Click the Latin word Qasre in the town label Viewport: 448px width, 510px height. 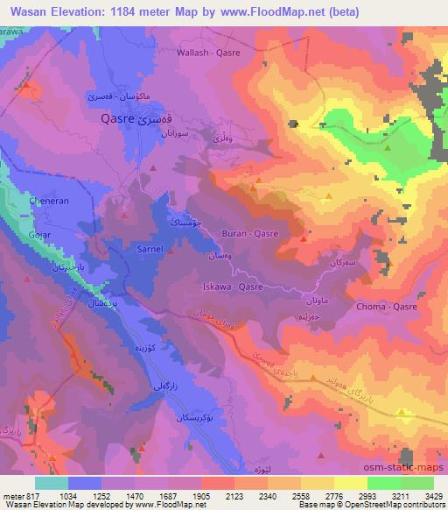pos(116,117)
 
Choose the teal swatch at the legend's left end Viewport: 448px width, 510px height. pos(50,482)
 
